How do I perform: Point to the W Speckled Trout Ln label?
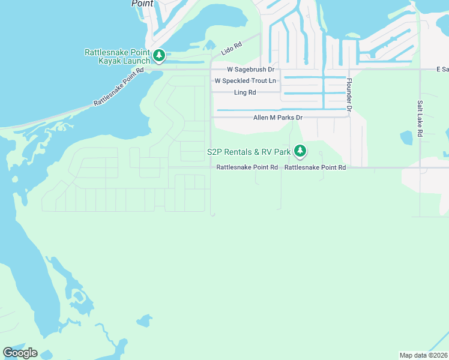point(246,81)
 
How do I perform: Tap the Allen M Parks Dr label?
point(277,118)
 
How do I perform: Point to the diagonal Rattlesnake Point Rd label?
point(119,87)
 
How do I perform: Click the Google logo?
point(20,352)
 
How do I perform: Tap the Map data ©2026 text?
point(423,355)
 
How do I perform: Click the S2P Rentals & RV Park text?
point(249,152)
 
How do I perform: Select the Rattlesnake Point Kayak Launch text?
point(117,57)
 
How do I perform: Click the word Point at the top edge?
point(142,3)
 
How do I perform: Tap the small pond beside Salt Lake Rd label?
point(406,137)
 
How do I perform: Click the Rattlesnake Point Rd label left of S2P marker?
point(247,168)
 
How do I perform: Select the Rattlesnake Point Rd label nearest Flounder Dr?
point(315,168)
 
